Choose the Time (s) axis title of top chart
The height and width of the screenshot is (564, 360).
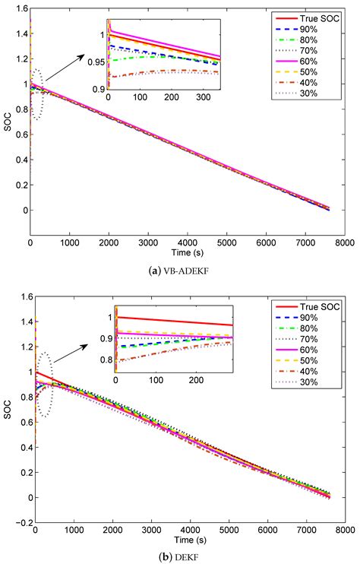pos(186,252)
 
